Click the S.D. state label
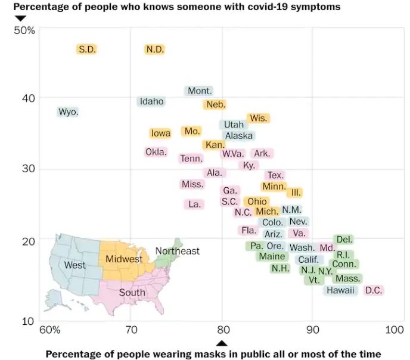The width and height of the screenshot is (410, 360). coord(87,49)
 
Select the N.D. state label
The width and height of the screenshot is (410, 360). coord(155,49)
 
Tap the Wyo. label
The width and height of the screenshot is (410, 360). coord(68,111)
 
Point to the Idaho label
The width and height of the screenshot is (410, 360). coord(151,101)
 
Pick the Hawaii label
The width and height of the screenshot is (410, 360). coord(340,290)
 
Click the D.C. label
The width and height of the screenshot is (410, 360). coord(374,290)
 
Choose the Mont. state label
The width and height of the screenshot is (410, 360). coord(200,91)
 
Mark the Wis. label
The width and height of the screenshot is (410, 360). coord(259,118)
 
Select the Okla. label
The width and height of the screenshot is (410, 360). coord(156,152)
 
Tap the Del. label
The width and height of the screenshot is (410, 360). coord(344,240)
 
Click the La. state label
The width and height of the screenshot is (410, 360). coord(194,204)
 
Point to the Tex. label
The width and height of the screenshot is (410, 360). coord(275,175)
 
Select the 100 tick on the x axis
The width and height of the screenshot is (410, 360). coord(395,329)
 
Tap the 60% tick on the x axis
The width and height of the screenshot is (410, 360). coord(49,329)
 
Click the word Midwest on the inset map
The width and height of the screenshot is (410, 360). coord(124,259)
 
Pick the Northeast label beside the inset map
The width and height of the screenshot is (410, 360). coord(178,251)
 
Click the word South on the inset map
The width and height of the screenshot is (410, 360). coord(132,293)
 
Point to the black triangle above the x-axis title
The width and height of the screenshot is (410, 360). coord(222,343)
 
